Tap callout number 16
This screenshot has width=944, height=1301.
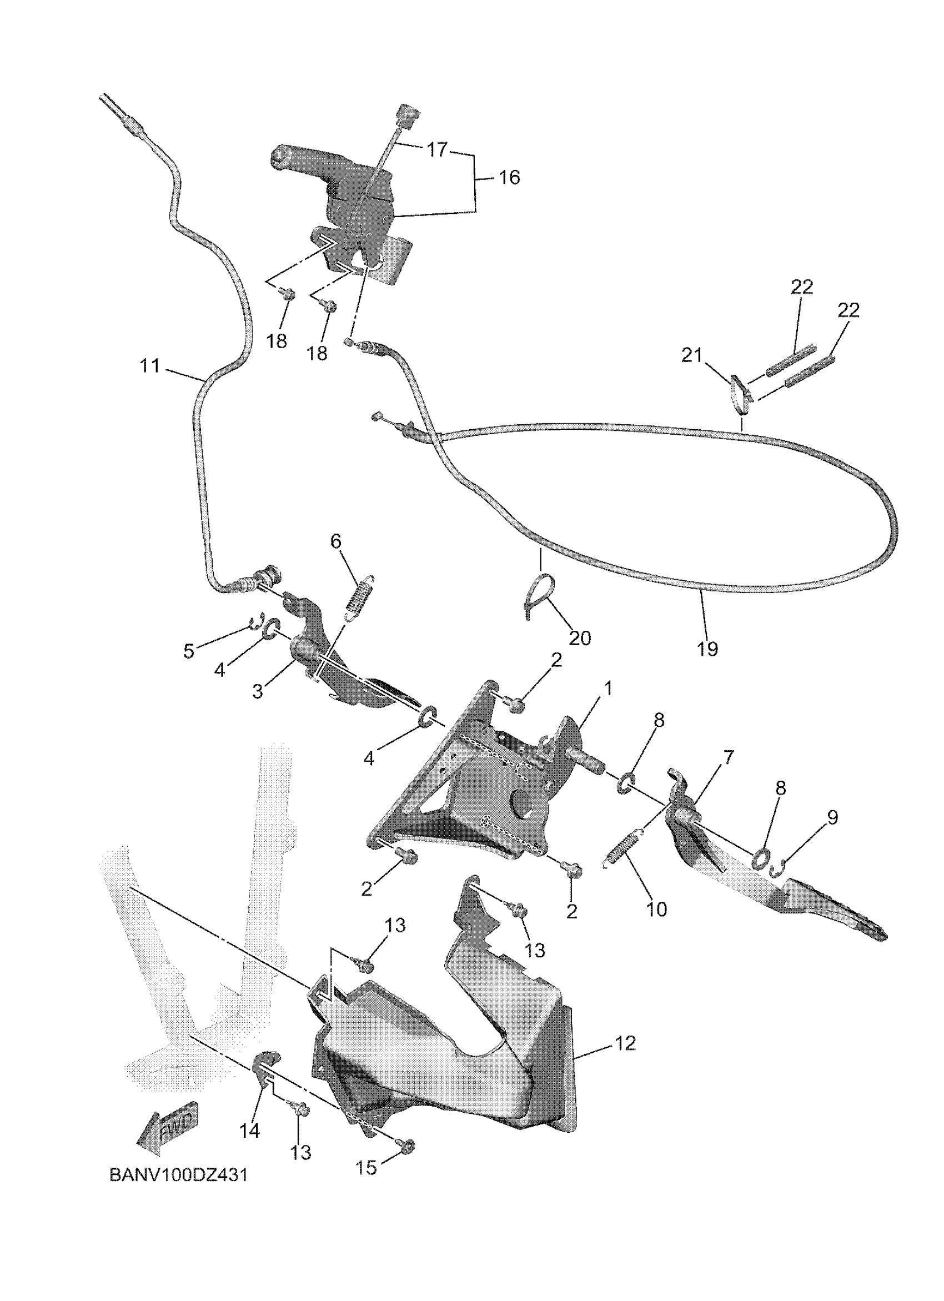509,177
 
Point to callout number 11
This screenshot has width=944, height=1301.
150,365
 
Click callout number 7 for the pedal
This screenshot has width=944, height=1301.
727,757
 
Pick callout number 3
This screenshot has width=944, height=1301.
258,691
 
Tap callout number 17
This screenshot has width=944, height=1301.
436,150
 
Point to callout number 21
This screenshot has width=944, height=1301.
692,356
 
